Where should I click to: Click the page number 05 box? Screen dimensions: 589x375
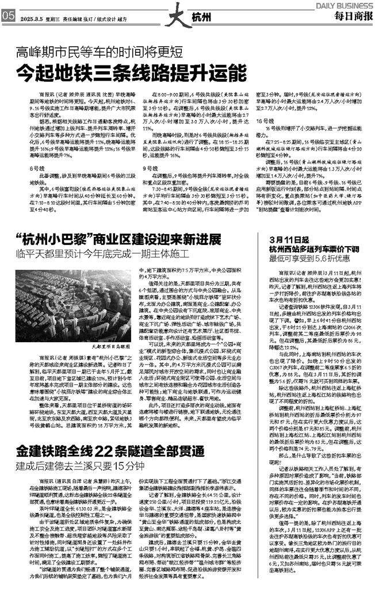[x=8, y=16]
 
